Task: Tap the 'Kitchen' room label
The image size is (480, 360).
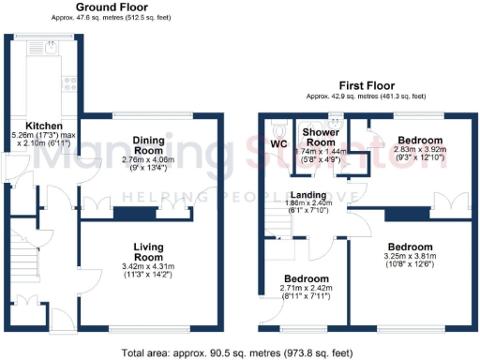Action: tap(44, 126)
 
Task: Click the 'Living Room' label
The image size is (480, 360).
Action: tap(148, 251)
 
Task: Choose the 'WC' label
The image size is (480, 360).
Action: tap(279, 144)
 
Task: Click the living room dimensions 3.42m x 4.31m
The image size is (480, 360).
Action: tap(148, 270)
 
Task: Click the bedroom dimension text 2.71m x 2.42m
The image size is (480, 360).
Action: tap(307, 293)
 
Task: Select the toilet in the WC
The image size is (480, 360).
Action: tap(278, 126)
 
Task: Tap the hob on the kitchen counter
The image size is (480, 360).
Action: tap(67, 82)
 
